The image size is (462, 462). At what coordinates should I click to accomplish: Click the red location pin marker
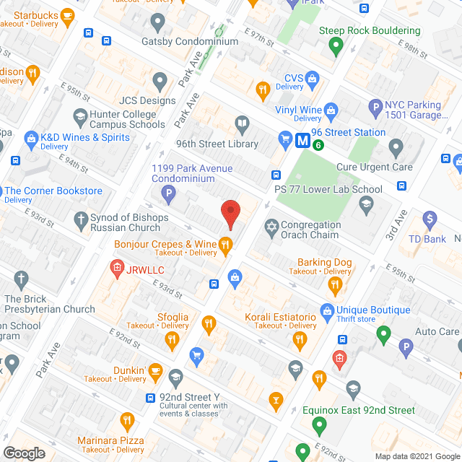[230, 214]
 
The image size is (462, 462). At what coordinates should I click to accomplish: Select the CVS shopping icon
[313, 78]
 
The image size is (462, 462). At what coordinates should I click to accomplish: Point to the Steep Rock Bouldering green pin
[335, 46]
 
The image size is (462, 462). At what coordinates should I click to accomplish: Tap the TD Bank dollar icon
[430, 218]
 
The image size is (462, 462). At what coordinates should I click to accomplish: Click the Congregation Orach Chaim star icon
[271, 227]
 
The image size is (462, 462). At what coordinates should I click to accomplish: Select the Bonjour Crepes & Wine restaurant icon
[225, 245]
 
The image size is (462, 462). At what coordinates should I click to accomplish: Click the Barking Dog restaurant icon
[334, 285]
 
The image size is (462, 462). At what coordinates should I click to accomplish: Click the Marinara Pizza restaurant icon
[127, 419]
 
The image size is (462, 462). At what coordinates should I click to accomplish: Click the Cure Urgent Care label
[375, 167]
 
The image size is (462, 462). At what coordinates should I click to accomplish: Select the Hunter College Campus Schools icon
[79, 115]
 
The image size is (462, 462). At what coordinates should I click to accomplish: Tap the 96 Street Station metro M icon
[303, 141]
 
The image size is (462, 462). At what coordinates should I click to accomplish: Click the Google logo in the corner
[23, 453]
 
